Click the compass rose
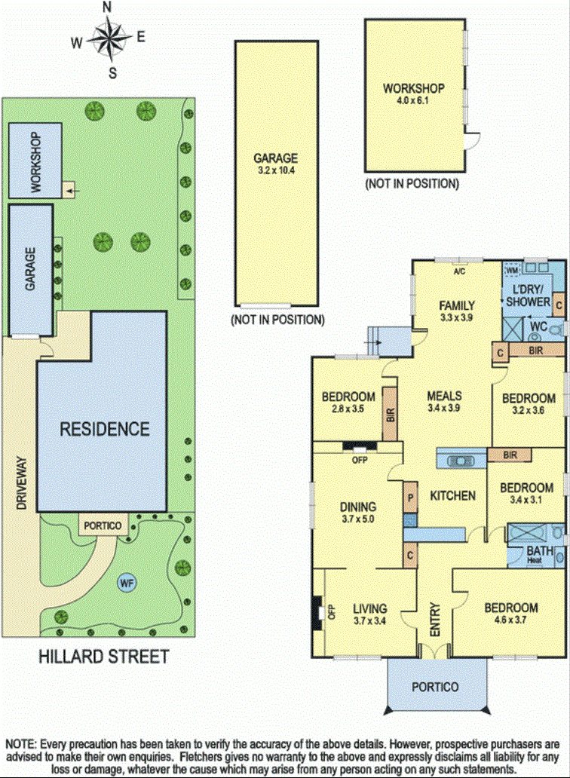(109, 37)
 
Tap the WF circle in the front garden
(127, 583)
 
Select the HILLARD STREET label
(104, 657)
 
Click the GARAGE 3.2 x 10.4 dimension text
(276, 170)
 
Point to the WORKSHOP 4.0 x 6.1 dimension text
(413, 100)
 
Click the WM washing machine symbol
(511, 271)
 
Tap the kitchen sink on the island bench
(461, 461)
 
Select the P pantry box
(410, 497)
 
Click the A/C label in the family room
(459, 272)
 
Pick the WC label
(539, 326)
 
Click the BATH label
(540, 551)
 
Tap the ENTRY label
(434, 620)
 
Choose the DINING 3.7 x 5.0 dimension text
(357, 519)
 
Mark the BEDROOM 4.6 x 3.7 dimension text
(510, 620)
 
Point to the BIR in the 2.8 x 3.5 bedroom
(390, 414)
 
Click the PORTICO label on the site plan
(103, 525)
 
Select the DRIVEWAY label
(21, 482)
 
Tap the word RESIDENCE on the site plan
(105, 429)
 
